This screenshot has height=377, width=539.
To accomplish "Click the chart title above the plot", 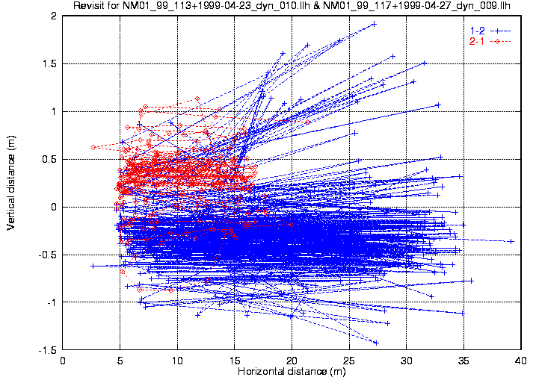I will [x=292, y=6].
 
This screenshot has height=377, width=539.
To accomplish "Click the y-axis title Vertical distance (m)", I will [x=11, y=184].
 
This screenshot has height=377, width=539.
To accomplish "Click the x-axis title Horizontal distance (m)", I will [x=292, y=371].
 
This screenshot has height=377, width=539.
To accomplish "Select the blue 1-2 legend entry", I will [x=478, y=30].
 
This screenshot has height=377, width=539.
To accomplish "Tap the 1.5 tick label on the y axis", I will [x=50, y=63].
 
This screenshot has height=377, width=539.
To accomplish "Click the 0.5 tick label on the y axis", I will [x=50, y=159].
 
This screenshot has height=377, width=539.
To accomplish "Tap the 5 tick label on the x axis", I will [x=120, y=359].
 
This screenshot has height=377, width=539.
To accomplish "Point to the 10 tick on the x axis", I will [x=178, y=359].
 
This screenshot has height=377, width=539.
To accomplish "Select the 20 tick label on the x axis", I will [x=292, y=359].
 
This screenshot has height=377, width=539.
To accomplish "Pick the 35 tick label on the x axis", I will [x=464, y=359].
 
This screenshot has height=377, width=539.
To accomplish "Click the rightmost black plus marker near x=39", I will [x=511, y=241].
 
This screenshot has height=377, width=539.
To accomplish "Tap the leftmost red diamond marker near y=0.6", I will [x=93, y=147].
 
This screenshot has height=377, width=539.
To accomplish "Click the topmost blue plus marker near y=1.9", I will [x=374, y=24].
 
